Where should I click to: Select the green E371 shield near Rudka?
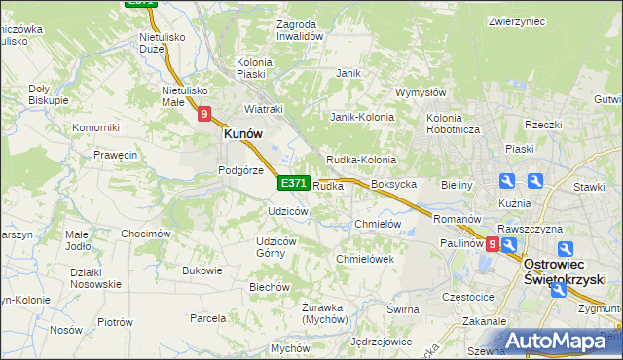(294, 183)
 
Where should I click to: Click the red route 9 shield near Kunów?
(204, 114)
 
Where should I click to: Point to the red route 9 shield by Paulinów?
(494, 245)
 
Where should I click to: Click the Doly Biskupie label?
(48, 93)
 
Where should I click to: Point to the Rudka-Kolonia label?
(360, 160)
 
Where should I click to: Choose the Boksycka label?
(394, 184)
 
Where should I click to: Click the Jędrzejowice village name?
(381, 342)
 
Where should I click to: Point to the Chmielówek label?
(364, 259)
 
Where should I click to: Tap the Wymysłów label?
(421, 93)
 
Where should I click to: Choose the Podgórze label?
(241, 169)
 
